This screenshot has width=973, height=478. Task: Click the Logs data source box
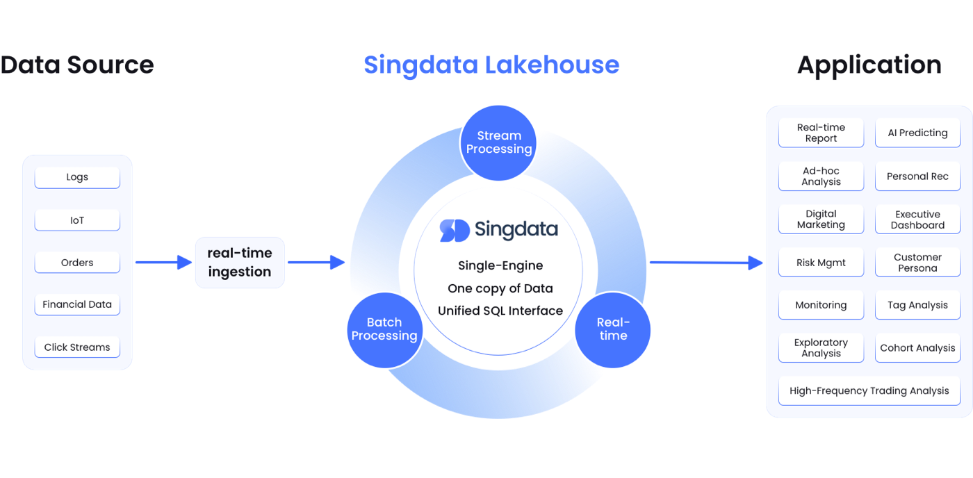point(77,177)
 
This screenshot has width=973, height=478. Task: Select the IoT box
point(77,220)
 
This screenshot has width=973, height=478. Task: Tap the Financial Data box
point(77,304)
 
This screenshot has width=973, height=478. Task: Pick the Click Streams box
point(77,347)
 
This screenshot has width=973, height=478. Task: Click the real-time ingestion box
point(240,263)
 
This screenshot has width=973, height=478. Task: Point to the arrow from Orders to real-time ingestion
point(164,263)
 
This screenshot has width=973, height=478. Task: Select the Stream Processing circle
point(498,142)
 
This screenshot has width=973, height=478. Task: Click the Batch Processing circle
point(384,329)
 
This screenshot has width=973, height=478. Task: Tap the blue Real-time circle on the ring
point(612,329)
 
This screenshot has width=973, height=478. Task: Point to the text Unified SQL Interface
point(500,311)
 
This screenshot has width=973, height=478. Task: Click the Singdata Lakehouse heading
point(491,65)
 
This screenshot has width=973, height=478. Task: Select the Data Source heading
point(76,65)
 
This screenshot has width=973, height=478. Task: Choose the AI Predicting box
point(917,133)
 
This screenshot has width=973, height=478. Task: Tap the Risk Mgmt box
point(821,263)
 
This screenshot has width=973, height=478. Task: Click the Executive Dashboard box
point(917,220)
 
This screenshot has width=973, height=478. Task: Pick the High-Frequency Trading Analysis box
point(869,390)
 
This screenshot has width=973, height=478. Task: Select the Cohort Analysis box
point(917,348)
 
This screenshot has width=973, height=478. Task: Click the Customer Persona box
point(917,263)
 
